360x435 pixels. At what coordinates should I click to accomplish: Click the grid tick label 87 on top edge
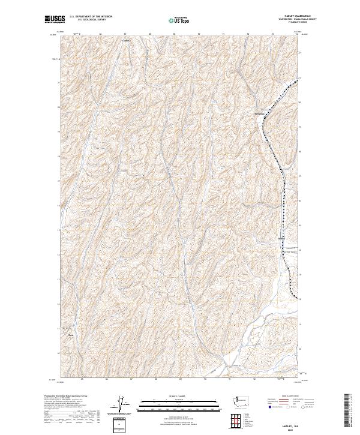124,34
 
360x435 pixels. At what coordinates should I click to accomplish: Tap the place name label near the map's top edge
126,41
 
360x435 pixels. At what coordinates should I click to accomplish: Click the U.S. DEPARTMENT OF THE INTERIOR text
91,17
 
